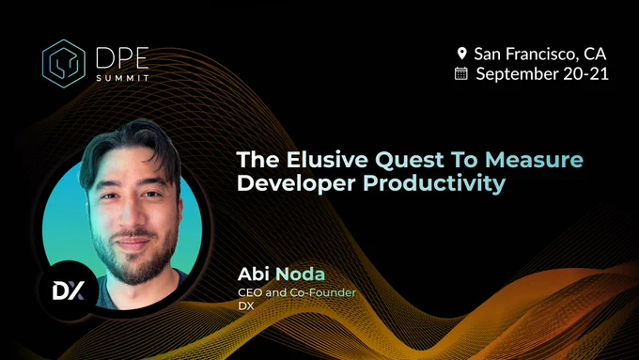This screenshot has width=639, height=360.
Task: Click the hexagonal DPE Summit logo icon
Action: click(x=64, y=64)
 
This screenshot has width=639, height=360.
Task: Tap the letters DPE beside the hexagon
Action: click(x=122, y=58)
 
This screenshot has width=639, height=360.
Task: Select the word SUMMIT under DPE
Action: click(x=123, y=78)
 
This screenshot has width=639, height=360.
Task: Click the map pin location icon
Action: click(x=461, y=54)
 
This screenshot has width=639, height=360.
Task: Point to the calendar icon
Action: click(x=460, y=73)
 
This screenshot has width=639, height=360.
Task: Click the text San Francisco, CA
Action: click(x=540, y=54)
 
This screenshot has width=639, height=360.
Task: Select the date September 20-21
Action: click(x=542, y=74)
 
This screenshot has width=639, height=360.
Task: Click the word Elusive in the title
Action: click(x=327, y=160)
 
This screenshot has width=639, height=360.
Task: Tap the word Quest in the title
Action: click(x=409, y=160)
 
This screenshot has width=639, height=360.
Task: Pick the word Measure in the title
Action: click(x=534, y=160)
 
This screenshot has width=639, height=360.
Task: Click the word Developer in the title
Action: click(x=296, y=183)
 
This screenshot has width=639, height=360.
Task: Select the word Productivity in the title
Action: click(x=434, y=183)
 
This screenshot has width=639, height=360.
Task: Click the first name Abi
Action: click(x=253, y=274)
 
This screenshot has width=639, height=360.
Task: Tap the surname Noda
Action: click(x=301, y=274)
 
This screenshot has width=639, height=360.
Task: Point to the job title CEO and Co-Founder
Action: click(x=297, y=292)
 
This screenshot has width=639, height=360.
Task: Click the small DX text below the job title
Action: click(x=246, y=305)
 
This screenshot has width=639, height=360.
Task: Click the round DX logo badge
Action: click(x=69, y=290)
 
